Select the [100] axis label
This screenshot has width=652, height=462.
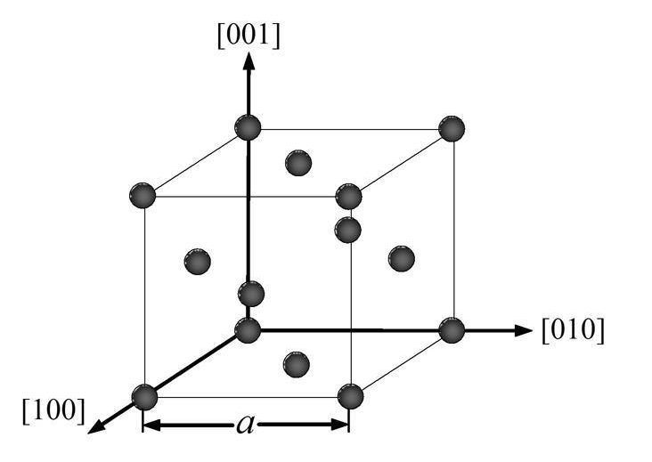53,410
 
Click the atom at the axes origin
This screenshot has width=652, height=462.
248,330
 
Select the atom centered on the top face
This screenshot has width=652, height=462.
297,163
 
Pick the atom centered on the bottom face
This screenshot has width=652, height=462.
296,362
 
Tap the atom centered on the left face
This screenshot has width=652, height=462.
197,262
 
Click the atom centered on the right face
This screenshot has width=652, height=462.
402,258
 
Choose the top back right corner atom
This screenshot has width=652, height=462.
452,128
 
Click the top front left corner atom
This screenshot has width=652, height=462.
143,195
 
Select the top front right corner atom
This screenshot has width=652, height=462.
348,196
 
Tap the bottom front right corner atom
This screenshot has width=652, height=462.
349,396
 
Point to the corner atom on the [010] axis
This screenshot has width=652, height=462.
452,330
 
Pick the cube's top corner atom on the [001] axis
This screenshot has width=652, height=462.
249,128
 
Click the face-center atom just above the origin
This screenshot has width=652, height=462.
251,293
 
